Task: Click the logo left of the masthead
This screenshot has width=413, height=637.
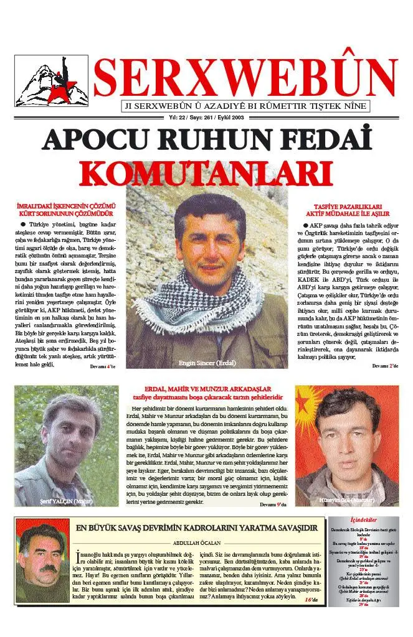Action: click(x=52, y=81)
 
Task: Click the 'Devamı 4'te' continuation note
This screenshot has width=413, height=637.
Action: click(x=103, y=368)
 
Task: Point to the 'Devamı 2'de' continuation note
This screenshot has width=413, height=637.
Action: click(x=385, y=367)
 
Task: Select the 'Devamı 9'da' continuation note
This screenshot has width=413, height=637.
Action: click(x=273, y=504)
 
